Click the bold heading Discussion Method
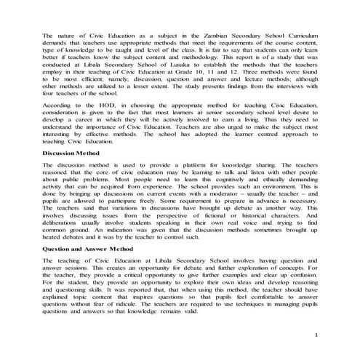(x=71, y=175)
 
